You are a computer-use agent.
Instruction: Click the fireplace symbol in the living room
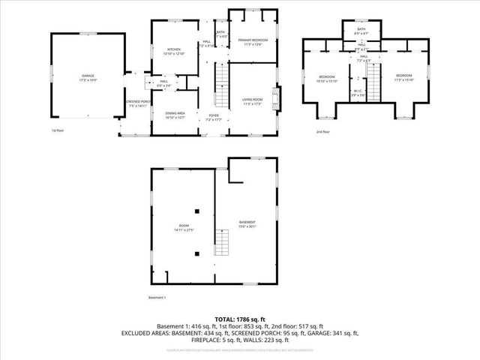click(x=277, y=99)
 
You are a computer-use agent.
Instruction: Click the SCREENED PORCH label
click(x=136, y=103)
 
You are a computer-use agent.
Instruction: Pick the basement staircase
click(x=220, y=243)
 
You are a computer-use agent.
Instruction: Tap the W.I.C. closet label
click(x=358, y=92)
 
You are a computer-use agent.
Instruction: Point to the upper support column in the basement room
click(x=196, y=211)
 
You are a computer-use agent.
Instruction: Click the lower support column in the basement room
click(x=196, y=253)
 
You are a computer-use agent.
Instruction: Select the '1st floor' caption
click(x=58, y=130)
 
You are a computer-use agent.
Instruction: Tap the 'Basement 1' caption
click(x=157, y=298)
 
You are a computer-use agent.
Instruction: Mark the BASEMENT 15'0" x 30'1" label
click(x=247, y=223)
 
